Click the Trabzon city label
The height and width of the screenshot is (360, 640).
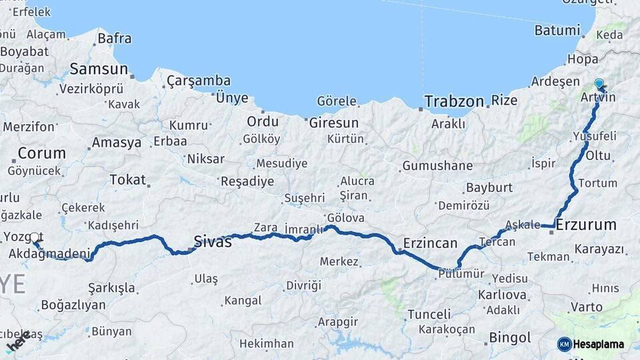[454, 102]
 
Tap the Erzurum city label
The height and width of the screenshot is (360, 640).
[586, 225]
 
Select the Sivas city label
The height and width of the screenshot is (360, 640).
[213, 241]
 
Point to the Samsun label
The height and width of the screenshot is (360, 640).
[99, 69]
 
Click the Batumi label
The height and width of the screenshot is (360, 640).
[557, 31]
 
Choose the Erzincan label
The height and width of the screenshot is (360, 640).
[430, 243]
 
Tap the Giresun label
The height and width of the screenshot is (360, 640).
[333, 123]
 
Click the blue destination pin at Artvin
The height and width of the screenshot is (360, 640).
[599, 85]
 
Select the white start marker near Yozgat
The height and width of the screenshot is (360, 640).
[35, 237]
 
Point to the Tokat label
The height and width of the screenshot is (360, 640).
[127, 179]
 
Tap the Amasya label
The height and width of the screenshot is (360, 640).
[117, 143]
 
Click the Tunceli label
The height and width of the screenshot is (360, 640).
[429, 314]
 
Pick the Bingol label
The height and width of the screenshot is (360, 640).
[510, 337]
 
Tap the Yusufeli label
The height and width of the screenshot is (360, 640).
[594, 136]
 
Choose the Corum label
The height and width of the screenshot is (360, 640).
[42, 153]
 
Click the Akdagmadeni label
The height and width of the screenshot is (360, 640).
[49, 254]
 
